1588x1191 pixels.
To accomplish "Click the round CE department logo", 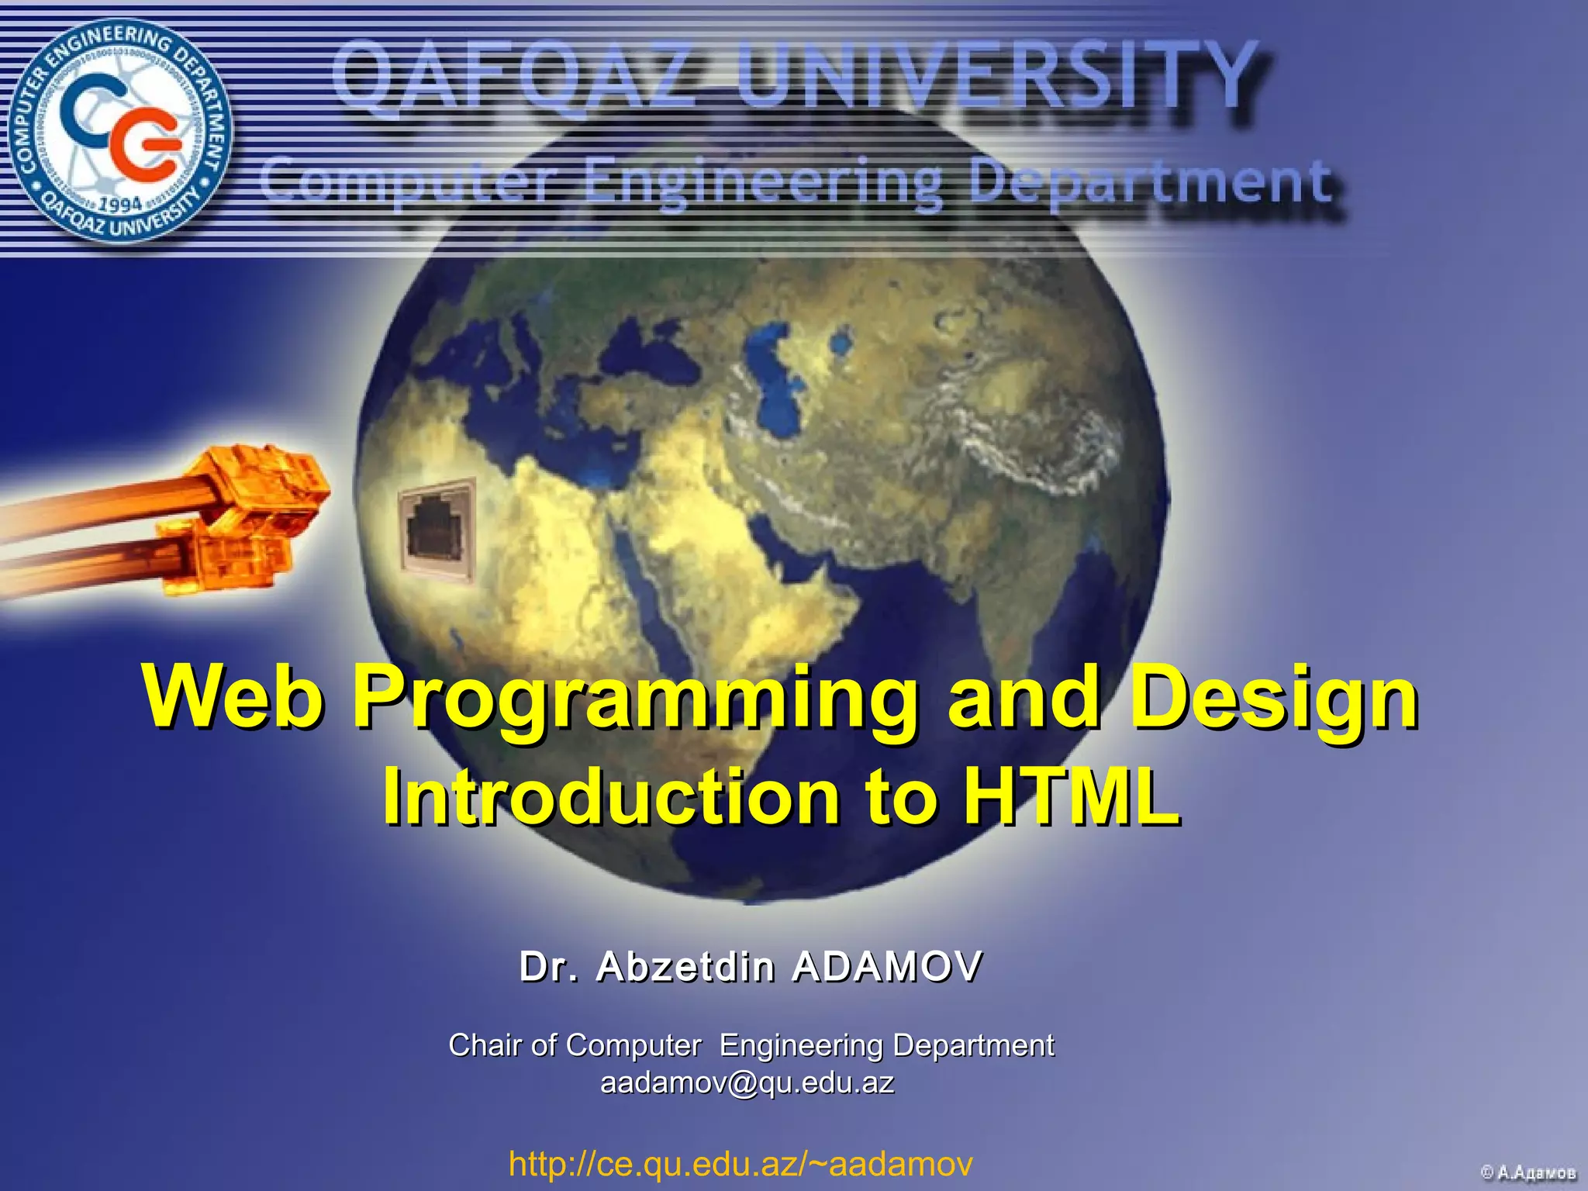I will pyautogui.click(x=120, y=129).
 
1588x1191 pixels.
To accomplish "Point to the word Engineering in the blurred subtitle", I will pyautogui.click(x=764, y=183).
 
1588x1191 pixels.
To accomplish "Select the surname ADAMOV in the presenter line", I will pyautogui.click(x=888, y=967).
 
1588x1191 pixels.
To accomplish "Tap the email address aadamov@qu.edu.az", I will pyautogui.click(x=747, y=1082).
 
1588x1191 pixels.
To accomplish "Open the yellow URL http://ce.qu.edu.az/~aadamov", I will pyautogui.click(x=740, y=1164).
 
